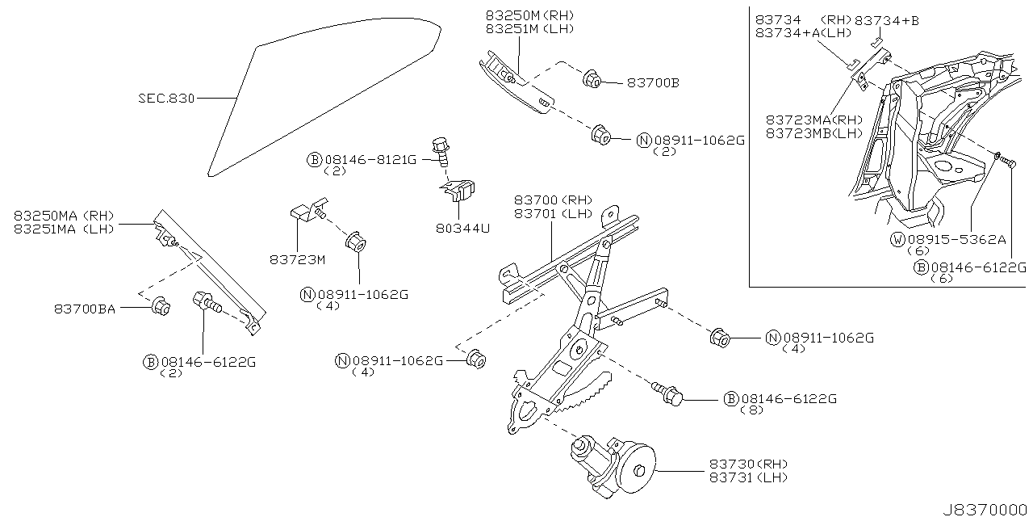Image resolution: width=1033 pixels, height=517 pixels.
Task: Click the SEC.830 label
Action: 165,99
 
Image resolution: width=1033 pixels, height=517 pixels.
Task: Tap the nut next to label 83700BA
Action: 160,307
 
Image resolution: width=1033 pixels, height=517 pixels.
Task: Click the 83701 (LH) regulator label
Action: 554,213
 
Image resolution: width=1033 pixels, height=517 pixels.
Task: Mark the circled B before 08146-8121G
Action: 313,160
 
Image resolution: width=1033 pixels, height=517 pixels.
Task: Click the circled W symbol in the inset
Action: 897,240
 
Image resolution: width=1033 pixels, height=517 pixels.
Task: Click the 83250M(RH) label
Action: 528,15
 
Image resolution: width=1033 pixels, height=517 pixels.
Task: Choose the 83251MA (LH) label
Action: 64,229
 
